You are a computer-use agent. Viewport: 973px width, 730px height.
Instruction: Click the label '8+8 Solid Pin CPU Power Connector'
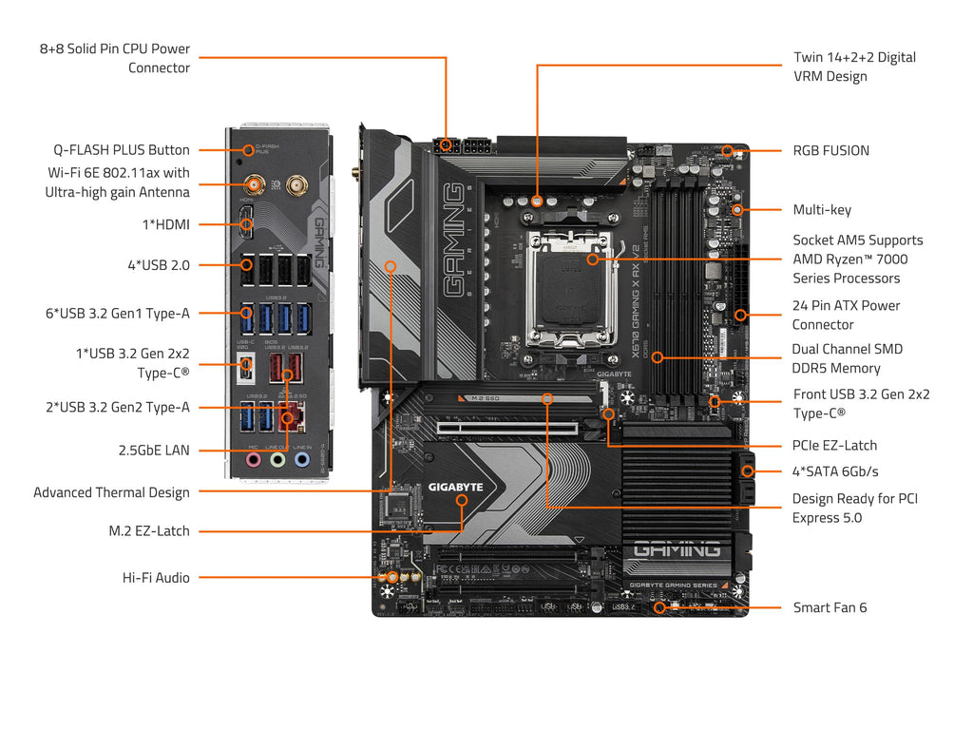[114, 58]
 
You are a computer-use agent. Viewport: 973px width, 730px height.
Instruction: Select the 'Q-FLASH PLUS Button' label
[122, 150]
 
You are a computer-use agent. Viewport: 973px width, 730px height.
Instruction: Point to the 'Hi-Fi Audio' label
[156, 578]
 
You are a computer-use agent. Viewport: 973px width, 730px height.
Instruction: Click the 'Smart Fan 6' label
[830, 607]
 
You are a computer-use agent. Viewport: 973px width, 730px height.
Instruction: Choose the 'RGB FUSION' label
[830, 150]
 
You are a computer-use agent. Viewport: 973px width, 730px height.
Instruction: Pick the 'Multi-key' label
[822, 210]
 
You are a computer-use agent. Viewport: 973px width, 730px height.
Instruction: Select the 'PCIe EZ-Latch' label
[834, 445]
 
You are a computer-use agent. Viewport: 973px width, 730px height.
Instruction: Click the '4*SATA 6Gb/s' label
[835, 471]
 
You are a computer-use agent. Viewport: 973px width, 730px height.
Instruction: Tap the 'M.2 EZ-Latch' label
[149, 530]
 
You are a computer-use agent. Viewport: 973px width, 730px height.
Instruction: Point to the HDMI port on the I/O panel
[247, 226]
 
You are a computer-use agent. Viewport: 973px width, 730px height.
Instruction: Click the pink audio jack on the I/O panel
[253, 459]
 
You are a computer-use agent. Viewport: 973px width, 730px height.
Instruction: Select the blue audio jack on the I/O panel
[302, 459]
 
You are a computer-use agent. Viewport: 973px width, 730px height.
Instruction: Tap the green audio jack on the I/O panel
[277, 459]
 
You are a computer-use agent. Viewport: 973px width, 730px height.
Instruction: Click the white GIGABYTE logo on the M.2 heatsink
[455, 487]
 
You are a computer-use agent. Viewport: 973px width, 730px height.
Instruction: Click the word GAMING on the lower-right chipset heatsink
[676, 549]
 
